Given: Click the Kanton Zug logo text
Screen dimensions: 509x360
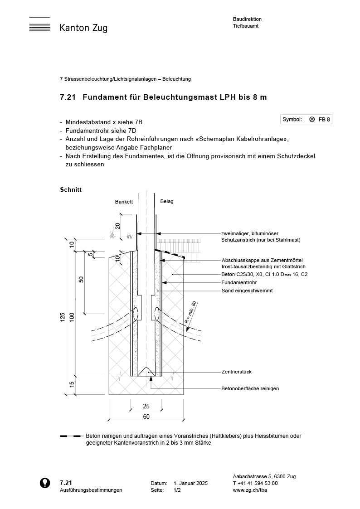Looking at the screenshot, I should point(83,28).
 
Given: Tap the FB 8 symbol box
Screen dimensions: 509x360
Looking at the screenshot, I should point(306,120).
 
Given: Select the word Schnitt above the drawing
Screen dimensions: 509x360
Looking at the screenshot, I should point(71,189).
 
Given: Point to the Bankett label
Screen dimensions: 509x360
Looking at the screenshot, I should point(124,202).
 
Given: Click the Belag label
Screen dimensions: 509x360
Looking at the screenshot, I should point(167,202).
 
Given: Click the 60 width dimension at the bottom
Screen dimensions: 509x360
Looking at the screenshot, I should point(146,417).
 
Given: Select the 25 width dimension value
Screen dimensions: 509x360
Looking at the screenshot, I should point(146,407).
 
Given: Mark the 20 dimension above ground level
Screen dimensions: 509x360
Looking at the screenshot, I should point(117,226).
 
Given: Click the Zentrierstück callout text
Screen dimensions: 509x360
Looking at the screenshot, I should point(237,372).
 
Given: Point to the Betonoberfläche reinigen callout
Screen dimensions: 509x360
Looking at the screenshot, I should point(250,388).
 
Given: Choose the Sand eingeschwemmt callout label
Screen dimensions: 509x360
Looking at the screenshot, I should point(247,291).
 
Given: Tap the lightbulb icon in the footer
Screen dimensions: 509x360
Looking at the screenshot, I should point(45,483).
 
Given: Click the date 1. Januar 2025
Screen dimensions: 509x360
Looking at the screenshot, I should point(190,484).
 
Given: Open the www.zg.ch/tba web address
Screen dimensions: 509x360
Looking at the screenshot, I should point(249,490).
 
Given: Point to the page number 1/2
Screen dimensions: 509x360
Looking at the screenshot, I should point(177,490).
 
